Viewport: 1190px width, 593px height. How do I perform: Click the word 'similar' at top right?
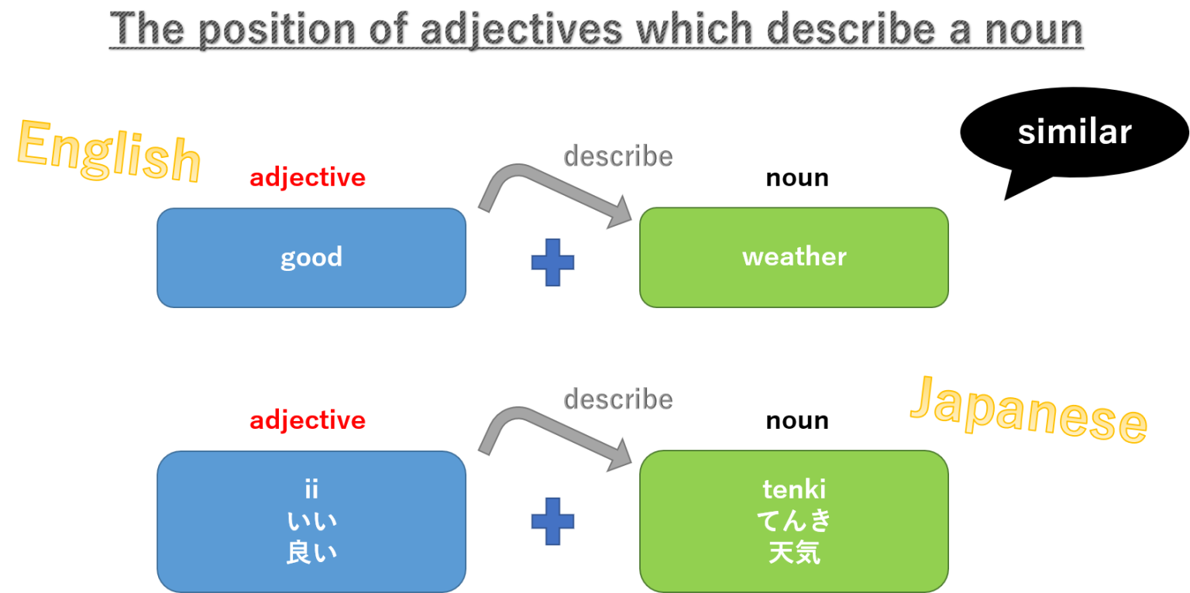pos(1074,132)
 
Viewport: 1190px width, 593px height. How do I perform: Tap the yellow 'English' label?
pos(108,152)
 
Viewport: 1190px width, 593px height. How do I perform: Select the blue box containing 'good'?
pos(311,257)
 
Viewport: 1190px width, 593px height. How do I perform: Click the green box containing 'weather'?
pos(793,257)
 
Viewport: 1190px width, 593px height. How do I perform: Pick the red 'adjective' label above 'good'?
pos(307,178)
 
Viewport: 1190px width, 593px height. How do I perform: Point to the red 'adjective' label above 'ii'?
pos(307,420)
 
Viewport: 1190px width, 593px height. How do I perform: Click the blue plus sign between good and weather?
pos(552,262)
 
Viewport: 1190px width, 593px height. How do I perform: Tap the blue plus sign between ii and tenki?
pos(552,520)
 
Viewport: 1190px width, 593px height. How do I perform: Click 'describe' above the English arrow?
pos(617,156)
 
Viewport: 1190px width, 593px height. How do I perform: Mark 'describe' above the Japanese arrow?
pos(617,399)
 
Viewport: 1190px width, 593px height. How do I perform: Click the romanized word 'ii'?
pos(311,488)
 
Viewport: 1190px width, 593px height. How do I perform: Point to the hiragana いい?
pos(311,521)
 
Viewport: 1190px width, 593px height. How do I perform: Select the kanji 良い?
pos(311,554)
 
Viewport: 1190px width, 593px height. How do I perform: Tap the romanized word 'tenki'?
pos(794,488)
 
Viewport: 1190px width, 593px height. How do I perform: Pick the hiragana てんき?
pos(794,521)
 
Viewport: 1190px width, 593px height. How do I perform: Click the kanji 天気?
pos(794,554)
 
